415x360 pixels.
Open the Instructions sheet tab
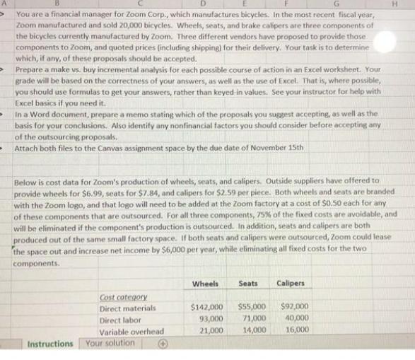tap(50, 344)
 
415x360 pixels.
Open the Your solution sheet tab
tap(110, 344)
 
